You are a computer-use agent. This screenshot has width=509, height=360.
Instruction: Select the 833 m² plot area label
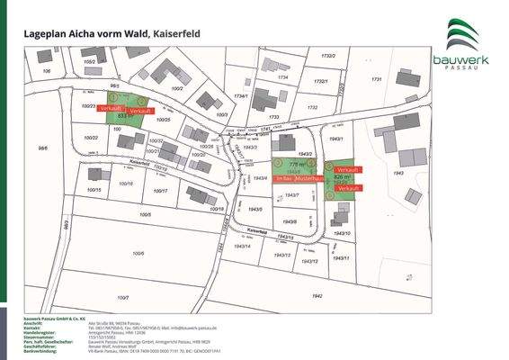point(125,116)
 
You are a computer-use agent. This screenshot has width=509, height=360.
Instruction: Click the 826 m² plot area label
point(342,178)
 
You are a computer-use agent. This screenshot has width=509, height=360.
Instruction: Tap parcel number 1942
point(316,295)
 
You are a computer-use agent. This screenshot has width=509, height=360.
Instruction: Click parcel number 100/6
point(137,254)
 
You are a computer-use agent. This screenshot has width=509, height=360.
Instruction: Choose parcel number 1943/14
point(242,246)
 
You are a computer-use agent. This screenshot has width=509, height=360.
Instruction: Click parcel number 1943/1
point(336,140)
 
